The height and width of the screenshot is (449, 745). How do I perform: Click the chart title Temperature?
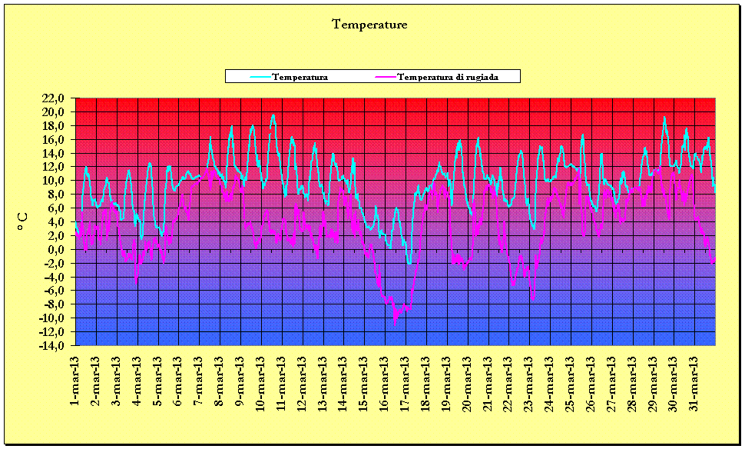point(369,25)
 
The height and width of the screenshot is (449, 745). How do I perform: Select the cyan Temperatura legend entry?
point(300,77)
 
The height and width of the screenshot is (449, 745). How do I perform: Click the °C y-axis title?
point(22,222)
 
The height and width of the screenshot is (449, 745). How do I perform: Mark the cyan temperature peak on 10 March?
point(273,115)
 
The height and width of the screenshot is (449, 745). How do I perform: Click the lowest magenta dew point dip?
point(395,321)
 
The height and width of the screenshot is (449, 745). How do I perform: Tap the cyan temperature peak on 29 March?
point(664,118)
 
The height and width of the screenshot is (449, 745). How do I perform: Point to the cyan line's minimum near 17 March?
point(409,264)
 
